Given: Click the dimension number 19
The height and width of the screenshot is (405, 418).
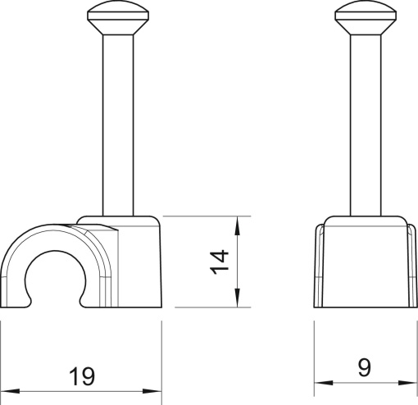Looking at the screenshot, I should (x=82, y=376).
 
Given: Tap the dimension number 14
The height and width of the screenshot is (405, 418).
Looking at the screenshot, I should (x=219, y=262).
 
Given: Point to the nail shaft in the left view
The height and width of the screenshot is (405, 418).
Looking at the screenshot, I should (x=112, y=123).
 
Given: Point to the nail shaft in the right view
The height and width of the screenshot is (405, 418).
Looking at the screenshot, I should (x=363, y=123).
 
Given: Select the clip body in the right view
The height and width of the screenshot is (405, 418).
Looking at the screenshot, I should (x=363, y=262).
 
